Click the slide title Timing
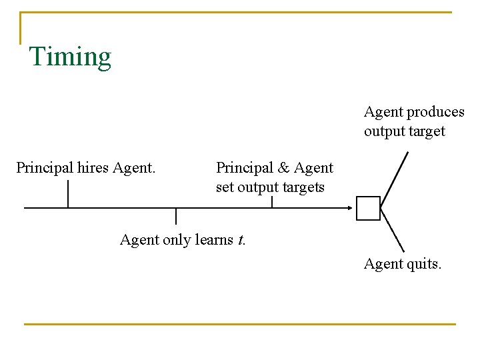(x=70, y=57)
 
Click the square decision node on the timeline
(x=368, y=208)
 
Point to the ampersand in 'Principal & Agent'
(x=283, y=167)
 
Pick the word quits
(x=423, y=265)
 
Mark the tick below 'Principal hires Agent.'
(x=68, y=194)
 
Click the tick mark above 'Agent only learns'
(x=176, y=216)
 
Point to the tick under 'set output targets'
(x=272, y=201)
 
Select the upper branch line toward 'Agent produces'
(x=394, y=180)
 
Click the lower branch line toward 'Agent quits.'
(x=393, y=231)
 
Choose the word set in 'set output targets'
(x=225, y=187)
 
